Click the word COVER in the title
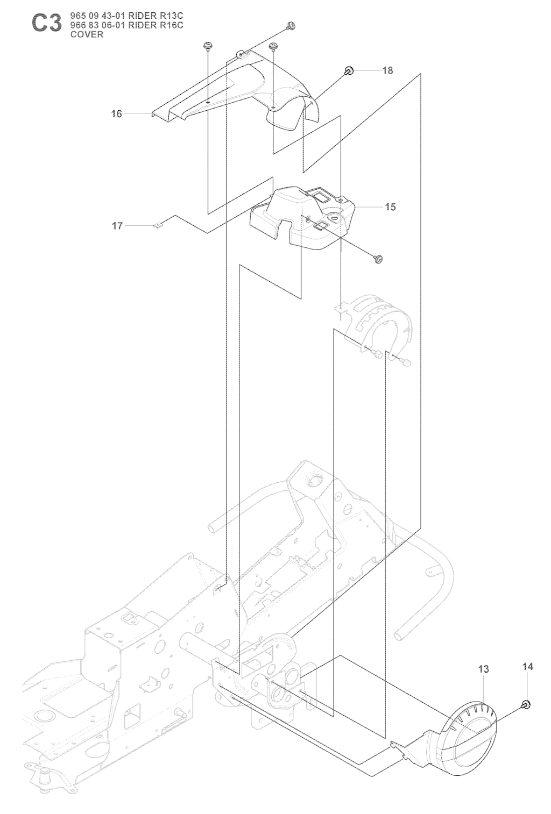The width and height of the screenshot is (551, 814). coord(87,34)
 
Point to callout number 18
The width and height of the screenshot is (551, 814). coord(388,70)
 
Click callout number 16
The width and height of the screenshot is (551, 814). coord(116,114)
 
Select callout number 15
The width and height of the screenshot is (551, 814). coord(390,207)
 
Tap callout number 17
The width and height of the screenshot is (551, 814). coord(117,226)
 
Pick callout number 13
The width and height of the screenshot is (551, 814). coord(483,669)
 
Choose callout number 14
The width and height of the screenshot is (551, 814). coord(528,667)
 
